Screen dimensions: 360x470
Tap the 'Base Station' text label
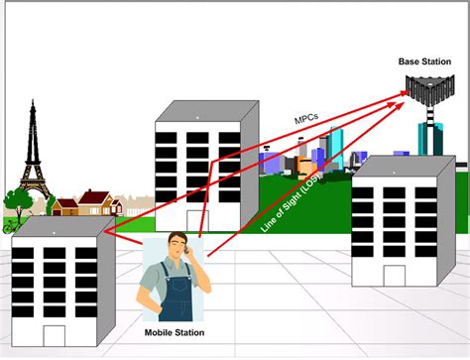pyautogui.click(x=424, y=61)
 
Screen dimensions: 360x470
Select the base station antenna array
pyautogui.click(x=430, y=93)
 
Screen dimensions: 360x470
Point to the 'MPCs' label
pyautogui.click(x=306, y=117)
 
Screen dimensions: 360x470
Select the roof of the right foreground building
pyautogui.click(x=401, y=163)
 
